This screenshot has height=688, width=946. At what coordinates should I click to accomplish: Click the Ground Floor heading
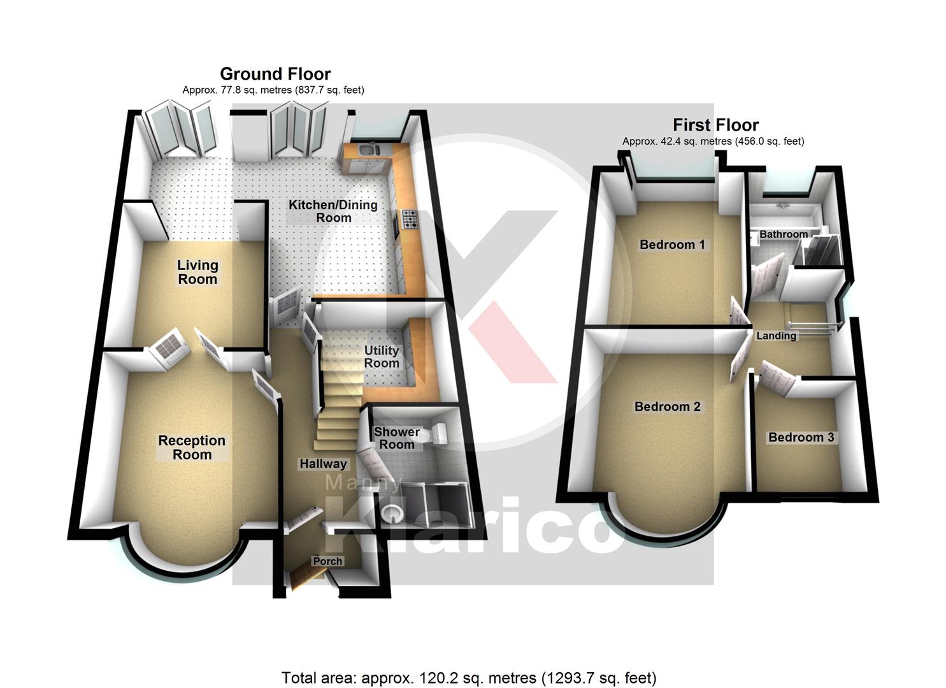(x=275, y=74)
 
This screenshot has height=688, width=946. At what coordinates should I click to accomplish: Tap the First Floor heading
(x=715, y=125)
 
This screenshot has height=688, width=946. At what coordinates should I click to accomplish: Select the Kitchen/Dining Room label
(x=333, y=211)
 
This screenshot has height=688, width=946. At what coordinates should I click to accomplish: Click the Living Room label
(x=197, y=273)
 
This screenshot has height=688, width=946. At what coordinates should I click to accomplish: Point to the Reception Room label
(x=192, y=448)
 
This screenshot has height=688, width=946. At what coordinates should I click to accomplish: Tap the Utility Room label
(x=382, y=357)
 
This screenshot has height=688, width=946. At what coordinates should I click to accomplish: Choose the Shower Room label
(x=397, y=438)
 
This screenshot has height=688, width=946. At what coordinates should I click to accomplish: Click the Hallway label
(x=323, y=464)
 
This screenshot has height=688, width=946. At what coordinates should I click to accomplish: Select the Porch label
(x=327, y=561)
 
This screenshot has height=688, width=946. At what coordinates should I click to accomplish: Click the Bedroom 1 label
(x=672, y=245)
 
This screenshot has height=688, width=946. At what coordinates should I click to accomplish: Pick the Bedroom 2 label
(x=667, y=406)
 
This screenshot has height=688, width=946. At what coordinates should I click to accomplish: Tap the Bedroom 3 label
(x=801, y=437)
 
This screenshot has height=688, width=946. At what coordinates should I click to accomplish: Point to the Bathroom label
(x=784, y=234)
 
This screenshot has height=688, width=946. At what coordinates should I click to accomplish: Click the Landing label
(x=776, y=336)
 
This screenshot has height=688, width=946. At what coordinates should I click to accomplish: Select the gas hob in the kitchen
(x=409, y=219)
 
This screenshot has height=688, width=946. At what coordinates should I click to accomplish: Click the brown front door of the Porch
(x=306, y=577)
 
